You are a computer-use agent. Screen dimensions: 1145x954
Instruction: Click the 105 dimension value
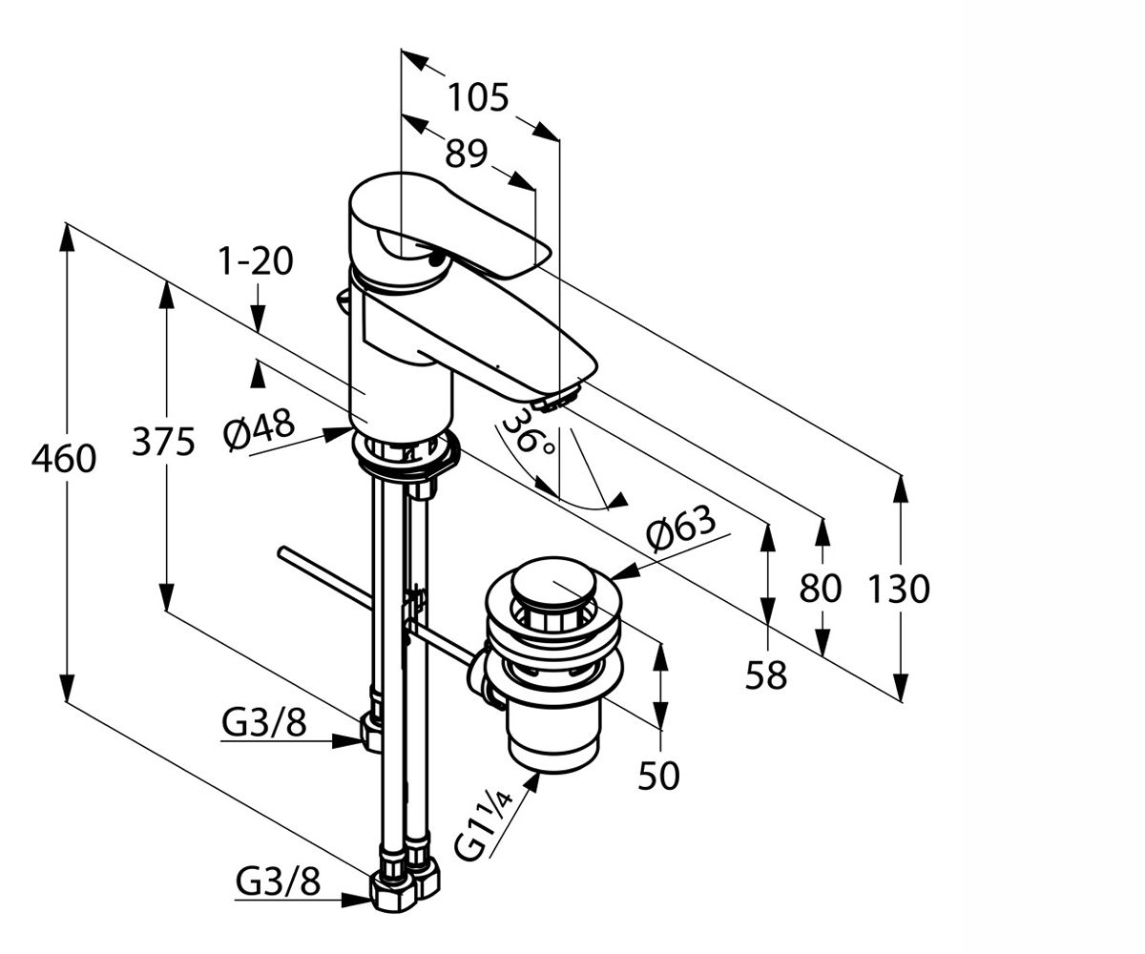(479, 98)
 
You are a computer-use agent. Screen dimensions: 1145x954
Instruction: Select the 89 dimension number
(466, 154)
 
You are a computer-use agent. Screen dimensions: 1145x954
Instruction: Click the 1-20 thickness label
(255, 261)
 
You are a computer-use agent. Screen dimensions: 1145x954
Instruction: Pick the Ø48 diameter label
(259, 430)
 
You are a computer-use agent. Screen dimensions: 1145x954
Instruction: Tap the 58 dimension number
(765, 674)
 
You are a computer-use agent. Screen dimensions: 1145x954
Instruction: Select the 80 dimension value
(820, 589)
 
